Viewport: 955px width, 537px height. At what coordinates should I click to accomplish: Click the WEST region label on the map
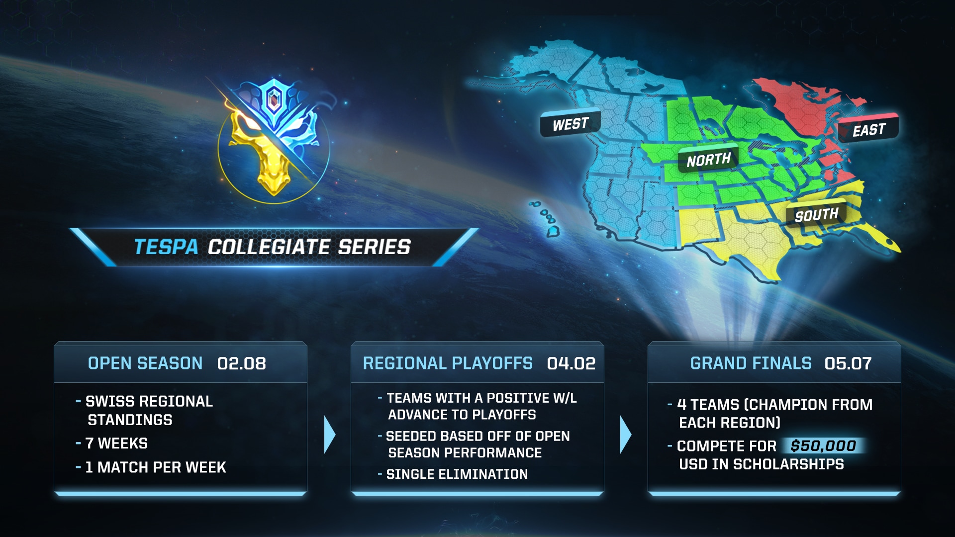point(570,123)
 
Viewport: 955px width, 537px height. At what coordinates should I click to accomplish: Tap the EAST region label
point(868,130)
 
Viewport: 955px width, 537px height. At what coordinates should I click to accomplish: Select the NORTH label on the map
point(708,160)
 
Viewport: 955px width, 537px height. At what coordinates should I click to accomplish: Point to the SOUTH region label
point(816,215)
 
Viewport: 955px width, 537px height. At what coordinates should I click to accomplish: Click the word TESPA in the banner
point(166,247)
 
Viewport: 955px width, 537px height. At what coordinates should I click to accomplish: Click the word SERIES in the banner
point(375,247)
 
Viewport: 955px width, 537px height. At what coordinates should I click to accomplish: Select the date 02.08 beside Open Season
point(242,363)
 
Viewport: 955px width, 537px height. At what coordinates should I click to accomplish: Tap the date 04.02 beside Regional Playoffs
point(571,363)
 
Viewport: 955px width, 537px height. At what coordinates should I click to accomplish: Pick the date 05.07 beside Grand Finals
point(848,363)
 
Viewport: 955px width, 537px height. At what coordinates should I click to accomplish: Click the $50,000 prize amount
point(824,446)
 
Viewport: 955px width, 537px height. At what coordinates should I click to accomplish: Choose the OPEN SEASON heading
point(145,363)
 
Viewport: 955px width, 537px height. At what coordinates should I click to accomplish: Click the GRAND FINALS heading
point(751,363)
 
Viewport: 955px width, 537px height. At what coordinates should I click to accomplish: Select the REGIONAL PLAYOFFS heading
point(448,363)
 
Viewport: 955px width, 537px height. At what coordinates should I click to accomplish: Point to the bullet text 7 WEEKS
point(116,443)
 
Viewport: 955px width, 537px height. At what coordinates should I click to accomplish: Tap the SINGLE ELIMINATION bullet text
point(457,474)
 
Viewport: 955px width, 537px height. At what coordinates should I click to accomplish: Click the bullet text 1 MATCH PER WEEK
point(156,467)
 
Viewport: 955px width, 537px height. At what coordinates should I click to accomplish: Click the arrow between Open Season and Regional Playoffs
point(330,435)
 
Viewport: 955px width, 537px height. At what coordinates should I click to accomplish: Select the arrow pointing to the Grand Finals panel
point(626,435)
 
